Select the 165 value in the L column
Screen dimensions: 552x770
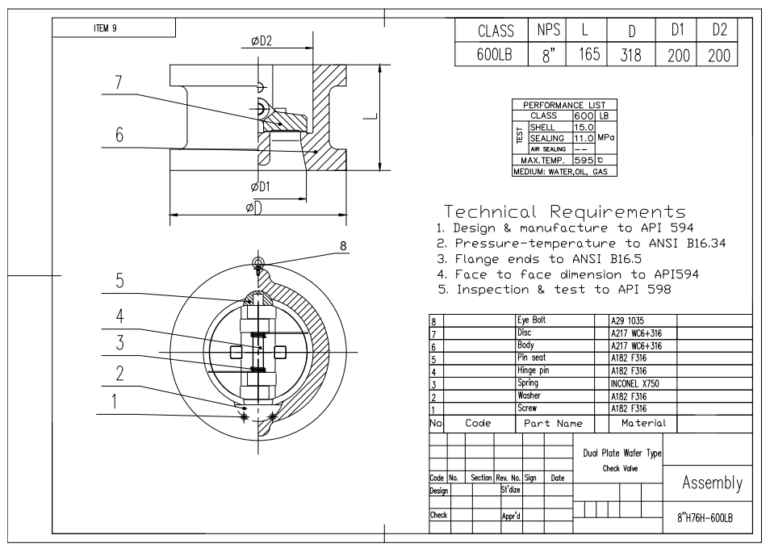[x=589, y=56]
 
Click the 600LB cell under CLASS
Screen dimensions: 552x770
[x=496, y=56]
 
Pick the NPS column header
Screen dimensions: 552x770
[x=546, y=31]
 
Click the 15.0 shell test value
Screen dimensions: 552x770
[x=584, y=127]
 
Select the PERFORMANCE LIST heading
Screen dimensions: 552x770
[x=564, y=105]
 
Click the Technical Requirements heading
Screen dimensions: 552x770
[x=564, y=212]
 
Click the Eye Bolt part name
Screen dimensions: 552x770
[x=531, y=320]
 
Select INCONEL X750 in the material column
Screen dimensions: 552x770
[x=634, y=383]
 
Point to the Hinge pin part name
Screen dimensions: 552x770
[x=534, y=371]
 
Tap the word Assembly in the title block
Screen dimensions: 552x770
[x=711, y=483]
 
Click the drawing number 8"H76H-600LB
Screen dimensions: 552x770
[x=705, y=518]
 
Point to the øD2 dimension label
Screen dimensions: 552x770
[x=262, y=41]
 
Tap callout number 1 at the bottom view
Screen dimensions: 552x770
[x=114, y=401]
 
